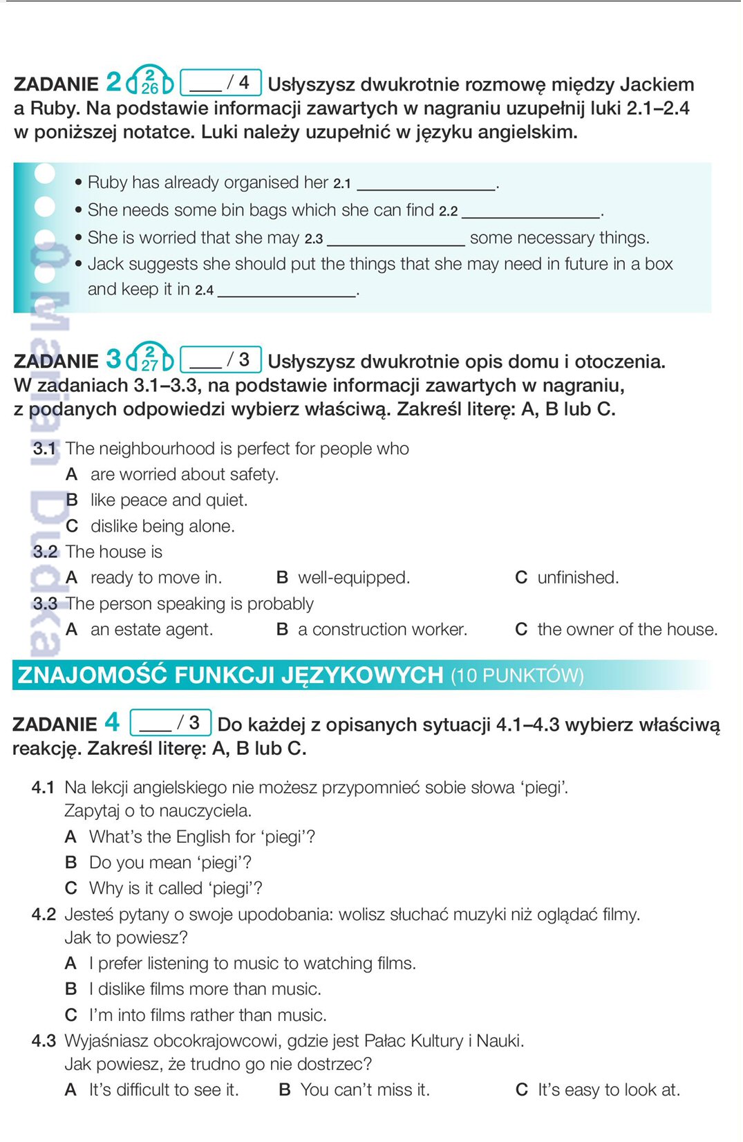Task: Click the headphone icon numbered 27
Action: [149, 358]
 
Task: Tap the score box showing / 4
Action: [220, 82]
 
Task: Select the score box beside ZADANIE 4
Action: [171, 722]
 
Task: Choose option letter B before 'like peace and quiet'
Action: [72, 500]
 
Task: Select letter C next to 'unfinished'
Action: [521, 577]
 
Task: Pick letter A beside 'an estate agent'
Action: [72, 629]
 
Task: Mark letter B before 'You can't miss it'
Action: [284, 1089]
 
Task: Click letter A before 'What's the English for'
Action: [70, 836]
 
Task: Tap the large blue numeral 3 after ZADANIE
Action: [113, 359]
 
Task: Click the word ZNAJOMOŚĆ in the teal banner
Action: [93, 675]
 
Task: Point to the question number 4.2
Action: [44, 914]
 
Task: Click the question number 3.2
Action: [45, 552]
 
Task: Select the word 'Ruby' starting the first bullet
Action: [107, 182]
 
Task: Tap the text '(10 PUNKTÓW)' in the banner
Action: [517, 675]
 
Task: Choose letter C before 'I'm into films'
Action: [70, 1015]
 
